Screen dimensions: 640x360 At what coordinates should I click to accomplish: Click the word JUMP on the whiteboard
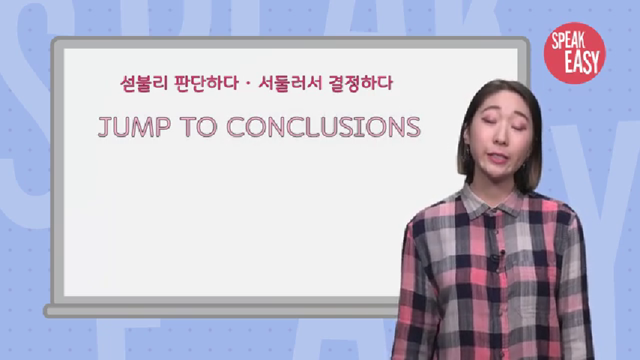coord(134,127)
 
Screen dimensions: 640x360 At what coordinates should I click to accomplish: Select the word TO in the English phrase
coord(199,127)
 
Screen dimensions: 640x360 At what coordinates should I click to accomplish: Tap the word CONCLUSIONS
coord(323,127)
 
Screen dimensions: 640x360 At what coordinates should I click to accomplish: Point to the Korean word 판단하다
coord(207,83)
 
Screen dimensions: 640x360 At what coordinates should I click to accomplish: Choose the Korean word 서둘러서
coord(290,83)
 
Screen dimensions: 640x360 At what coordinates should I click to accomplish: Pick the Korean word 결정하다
coord(360,83)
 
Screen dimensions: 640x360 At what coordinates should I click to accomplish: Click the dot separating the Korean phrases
coord(249,84)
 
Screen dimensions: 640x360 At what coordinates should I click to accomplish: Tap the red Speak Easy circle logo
coord(574,53)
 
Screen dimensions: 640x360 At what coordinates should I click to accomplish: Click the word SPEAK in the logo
coord(569,40)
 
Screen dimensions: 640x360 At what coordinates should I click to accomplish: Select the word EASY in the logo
coord(582,61)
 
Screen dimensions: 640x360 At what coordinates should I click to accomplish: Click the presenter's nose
coord(500,137)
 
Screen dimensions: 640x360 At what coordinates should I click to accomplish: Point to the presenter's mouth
coord(498,157)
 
